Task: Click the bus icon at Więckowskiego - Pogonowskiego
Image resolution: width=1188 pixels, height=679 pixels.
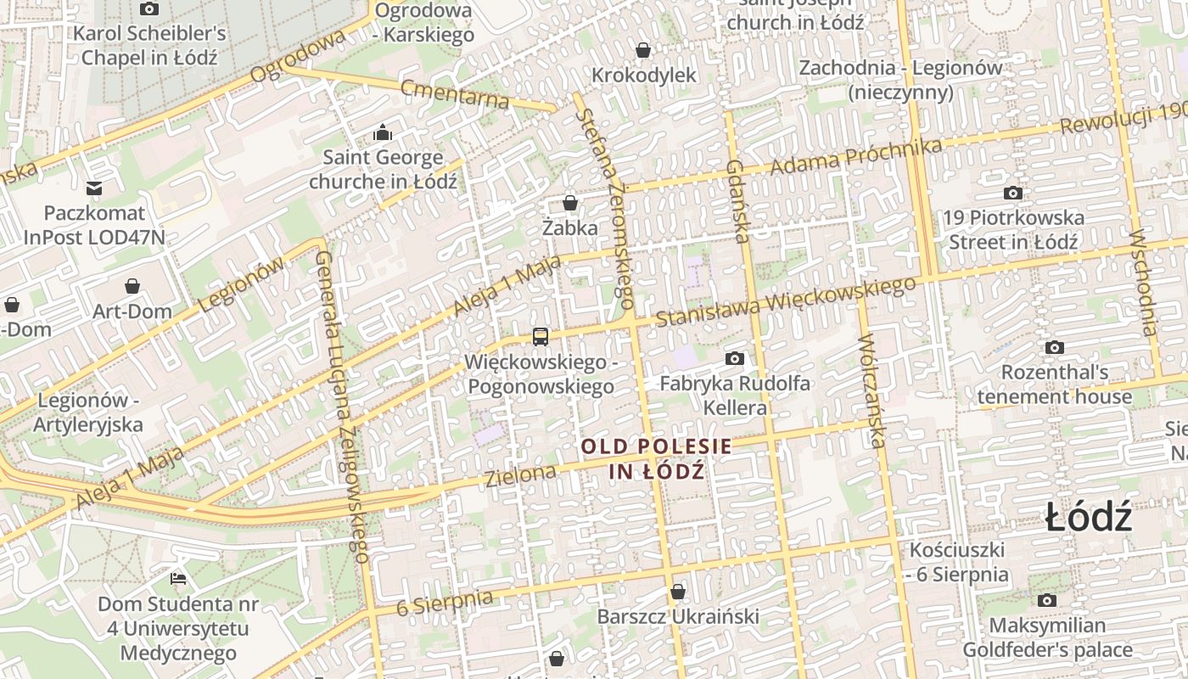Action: pos(541,337)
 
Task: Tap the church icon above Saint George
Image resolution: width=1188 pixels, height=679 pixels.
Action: pos(383,132)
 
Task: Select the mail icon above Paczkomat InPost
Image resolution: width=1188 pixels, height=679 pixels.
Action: pos(94,188)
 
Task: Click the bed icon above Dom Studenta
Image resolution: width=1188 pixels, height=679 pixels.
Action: pos(178,579)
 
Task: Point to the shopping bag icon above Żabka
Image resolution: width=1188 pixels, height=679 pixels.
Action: pos(570,203)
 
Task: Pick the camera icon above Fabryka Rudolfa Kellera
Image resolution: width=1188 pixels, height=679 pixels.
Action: pos(735,358)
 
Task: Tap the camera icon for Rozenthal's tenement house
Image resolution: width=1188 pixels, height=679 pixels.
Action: pos(1055,347)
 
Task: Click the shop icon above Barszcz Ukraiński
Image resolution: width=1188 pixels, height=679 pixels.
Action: pos(677,591)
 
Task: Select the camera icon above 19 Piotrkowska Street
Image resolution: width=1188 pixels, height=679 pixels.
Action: pos(1012,193)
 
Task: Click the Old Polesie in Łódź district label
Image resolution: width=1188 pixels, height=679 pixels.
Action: pos(656,458)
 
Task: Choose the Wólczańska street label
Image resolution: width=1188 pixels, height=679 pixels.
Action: pos(872,390)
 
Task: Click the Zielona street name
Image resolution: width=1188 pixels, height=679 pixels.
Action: pos(520,475)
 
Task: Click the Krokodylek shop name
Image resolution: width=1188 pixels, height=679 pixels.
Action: pos(643,75)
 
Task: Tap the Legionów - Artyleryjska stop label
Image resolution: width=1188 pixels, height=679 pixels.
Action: pos(88,412)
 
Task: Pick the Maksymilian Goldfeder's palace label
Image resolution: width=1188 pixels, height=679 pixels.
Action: pos(1047,638)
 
